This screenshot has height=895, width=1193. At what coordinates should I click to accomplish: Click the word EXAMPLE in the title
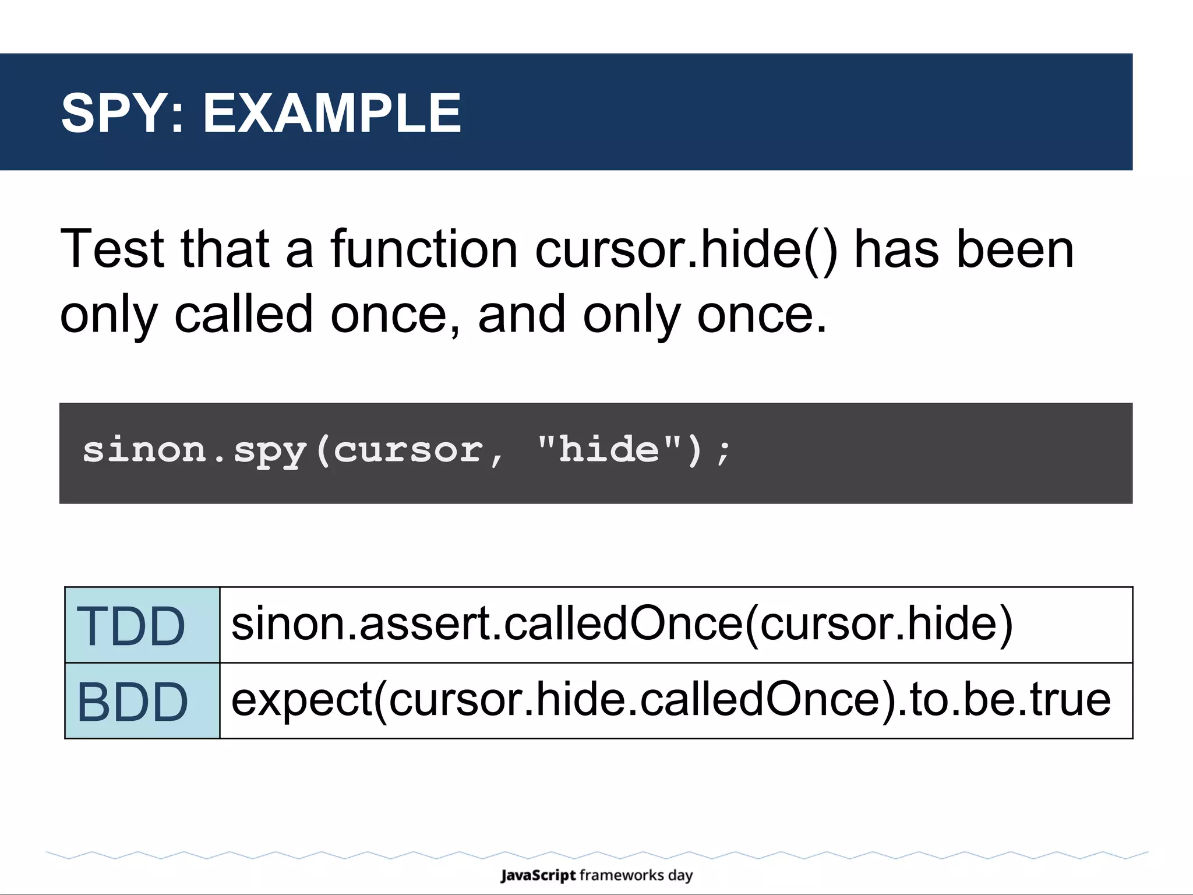pyautogui.click(x=332, y=114)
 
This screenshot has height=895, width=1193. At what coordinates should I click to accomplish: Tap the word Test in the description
pyautogui.click(x=112, y=249)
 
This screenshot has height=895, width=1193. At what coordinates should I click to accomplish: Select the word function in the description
pyautogui.click(x=424, y=249)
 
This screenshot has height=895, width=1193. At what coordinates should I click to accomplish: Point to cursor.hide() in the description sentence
pyautogui.click(x=686, y=249)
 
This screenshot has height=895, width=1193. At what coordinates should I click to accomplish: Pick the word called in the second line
pyautogui.click(x=243, y=315)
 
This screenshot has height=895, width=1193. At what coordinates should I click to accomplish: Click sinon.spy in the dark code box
pyautogui.click(x=195, y=450)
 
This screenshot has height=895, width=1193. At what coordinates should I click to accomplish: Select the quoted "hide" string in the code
pyautogui.click(x=609, y=449)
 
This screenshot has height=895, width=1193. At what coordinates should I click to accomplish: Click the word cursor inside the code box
pyautogui.click(x=408, y=450)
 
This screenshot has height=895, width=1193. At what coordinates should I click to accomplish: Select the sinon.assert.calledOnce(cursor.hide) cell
pyautogui.click(x=622, y=624)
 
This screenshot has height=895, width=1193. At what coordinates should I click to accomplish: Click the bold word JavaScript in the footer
pyautogui.click(x=538, y=876)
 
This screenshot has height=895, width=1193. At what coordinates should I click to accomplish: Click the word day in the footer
pyautogui.click(x=680, y=876)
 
